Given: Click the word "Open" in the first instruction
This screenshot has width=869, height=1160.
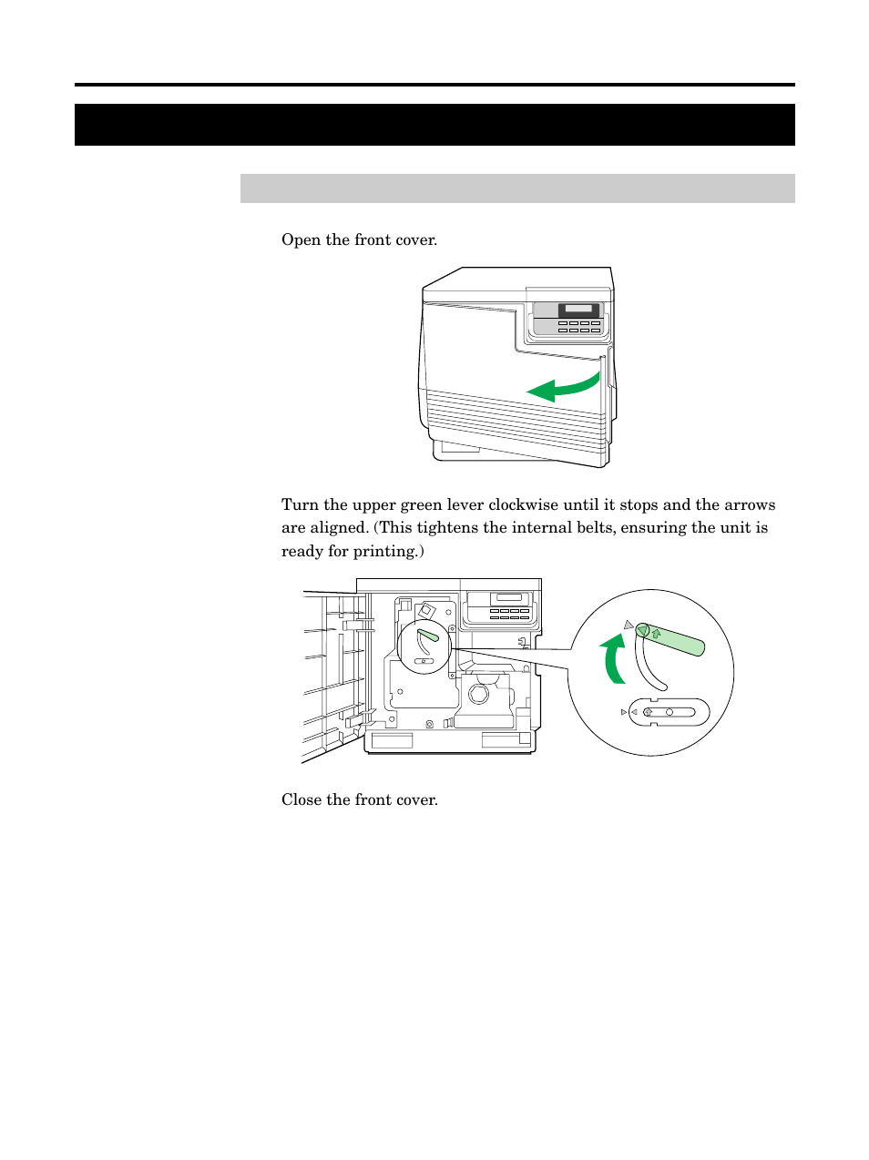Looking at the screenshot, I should (301, 240).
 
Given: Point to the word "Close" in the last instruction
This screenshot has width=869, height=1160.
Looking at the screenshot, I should (302, 800).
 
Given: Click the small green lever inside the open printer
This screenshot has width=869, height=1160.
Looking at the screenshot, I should (428, 635).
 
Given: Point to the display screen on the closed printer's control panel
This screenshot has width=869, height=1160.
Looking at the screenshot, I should (578, 310).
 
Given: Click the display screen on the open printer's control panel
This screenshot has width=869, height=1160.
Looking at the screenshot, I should (509, 598).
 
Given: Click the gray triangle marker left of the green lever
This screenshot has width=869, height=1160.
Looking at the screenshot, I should (628, 625).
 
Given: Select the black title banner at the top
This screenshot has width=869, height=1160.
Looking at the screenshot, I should (434, 125).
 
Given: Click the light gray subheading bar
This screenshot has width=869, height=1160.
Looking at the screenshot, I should (517, 188).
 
